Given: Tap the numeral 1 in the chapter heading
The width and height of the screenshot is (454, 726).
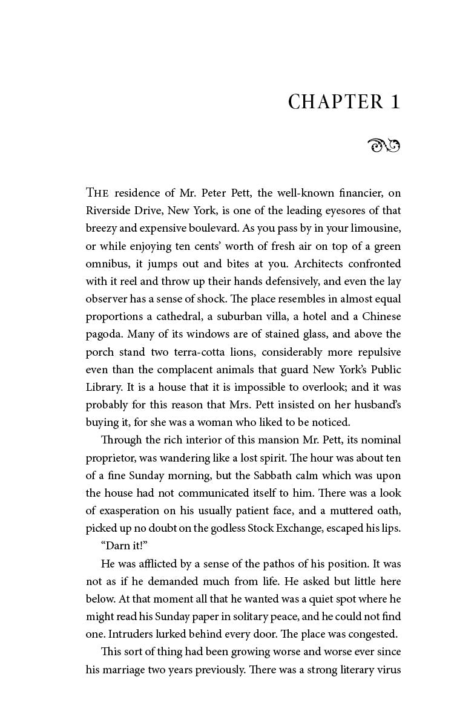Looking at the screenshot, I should (x=395, y=102).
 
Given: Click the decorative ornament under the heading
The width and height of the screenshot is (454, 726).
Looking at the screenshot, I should (x=384, y=145).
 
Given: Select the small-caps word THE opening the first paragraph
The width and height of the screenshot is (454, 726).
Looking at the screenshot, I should (x=97, y=193).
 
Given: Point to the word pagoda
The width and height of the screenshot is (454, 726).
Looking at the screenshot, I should (x=103, y=335).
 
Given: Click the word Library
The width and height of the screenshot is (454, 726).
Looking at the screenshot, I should (x=104, y=387).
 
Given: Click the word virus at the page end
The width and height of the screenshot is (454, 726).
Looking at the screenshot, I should (x=387, y=670).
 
